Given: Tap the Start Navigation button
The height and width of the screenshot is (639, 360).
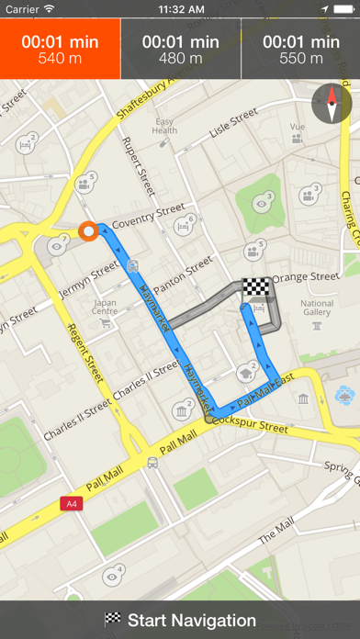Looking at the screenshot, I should coord(180,620).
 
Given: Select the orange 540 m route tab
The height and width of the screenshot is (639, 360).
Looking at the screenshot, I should coord(60,50).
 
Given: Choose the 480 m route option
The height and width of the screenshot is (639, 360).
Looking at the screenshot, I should coord(180,50).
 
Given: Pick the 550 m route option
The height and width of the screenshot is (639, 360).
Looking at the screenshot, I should coord(300,50).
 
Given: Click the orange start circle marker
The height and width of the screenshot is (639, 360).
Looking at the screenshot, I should coord(88,231).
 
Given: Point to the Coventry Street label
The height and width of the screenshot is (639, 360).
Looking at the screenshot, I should coord(148,217).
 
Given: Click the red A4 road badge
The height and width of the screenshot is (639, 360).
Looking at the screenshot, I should coord(71,503).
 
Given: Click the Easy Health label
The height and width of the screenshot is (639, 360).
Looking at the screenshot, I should coord(165,126).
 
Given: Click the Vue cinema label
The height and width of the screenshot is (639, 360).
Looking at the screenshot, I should coord(297,127).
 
